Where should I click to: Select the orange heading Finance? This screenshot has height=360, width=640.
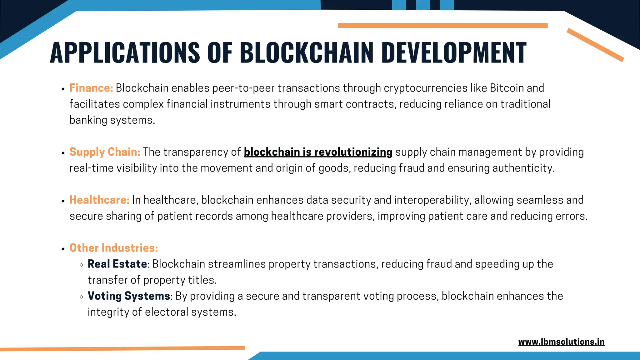tap(91, 88)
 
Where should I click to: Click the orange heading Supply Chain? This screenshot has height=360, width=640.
tap(105, 152)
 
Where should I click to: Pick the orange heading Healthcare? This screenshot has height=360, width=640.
tap(99, 200)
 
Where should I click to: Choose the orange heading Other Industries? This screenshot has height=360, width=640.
tap(113, 248)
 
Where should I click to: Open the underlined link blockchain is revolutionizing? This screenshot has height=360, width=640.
tap(318, 152)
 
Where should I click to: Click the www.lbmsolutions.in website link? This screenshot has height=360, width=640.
tap(561, 342)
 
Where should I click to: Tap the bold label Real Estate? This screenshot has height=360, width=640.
tap(117, 264)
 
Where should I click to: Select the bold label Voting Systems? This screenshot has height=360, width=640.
tap(129, 296)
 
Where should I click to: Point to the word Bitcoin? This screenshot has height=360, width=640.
tap(507, 88)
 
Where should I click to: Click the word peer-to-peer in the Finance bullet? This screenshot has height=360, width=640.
tap(243, 88)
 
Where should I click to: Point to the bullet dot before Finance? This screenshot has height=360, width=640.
tap(63, 89)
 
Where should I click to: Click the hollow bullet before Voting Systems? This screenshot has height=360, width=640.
tap(82, 297)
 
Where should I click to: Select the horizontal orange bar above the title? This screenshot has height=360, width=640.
tap(442, 26)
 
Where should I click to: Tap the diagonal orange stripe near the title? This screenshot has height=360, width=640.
tap(595, 45)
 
